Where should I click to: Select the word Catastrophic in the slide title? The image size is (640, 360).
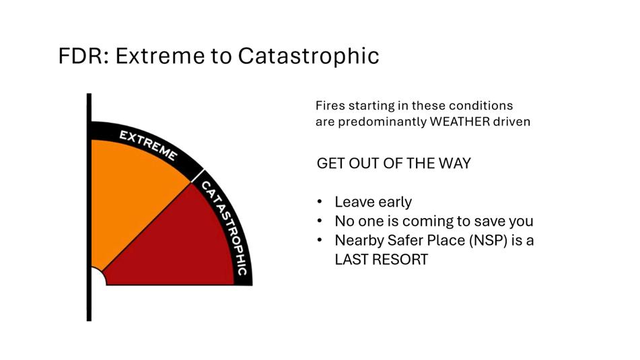pos(309,56)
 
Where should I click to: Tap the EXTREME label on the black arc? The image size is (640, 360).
pos(148,145)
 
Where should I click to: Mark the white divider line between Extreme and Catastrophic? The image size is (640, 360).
pos(198,176)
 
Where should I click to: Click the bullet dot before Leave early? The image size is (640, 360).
pos(320,201)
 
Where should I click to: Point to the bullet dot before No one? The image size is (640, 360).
pos(320,221)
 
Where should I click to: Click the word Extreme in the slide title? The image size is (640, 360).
pos(160,56)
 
